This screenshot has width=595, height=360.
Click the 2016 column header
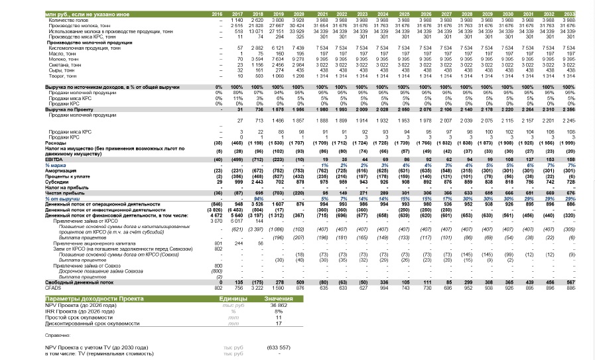(217, 14)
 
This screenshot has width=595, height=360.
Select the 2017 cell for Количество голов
(237, 20)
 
